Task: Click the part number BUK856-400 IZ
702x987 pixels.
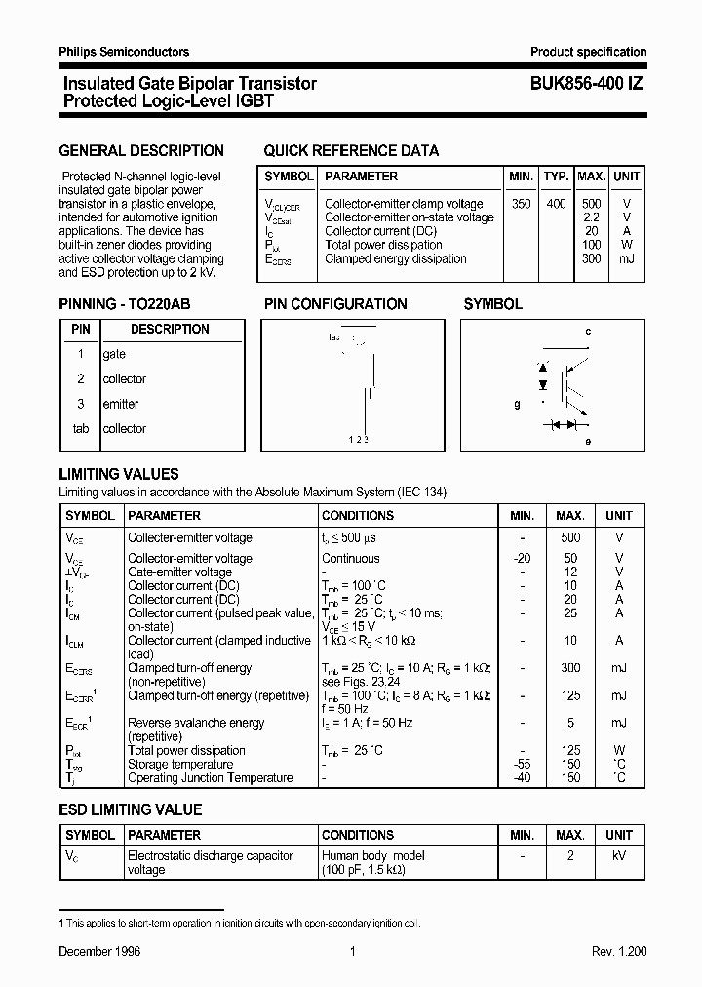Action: coord(586,85)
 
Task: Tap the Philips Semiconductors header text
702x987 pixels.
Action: coord(124,52)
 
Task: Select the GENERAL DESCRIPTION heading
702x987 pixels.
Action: coord(141,151)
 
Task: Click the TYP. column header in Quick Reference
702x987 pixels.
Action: coord(556,177)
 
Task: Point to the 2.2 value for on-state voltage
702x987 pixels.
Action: coord(591,217)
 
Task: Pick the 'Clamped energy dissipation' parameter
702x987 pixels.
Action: coord(395,259)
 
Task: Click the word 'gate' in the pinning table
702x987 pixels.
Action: coord(114,355)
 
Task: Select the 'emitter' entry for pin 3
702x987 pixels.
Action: coord(121,404)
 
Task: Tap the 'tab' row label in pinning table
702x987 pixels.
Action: coord(81,429)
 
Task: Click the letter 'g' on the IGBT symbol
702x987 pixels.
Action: coord(517,403)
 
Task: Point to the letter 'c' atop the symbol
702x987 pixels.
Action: coord(588,332)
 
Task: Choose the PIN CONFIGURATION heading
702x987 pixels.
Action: coord(335,304)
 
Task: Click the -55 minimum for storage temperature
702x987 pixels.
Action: coord(523,765)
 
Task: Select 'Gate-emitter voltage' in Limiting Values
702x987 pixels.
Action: coord(180,572)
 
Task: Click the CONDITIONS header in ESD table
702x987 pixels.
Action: coord(358,836)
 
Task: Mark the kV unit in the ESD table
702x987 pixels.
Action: coord(618,856)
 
